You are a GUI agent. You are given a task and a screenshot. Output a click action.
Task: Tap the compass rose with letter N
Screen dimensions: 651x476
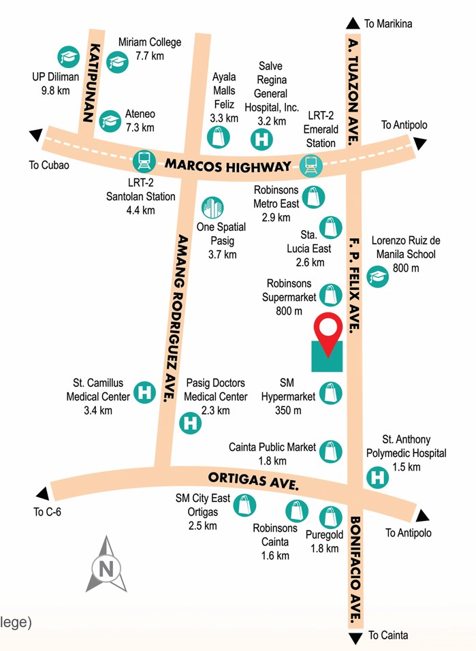[106, 565]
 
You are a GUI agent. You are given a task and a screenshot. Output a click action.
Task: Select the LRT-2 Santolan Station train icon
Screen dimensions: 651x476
[144, 161]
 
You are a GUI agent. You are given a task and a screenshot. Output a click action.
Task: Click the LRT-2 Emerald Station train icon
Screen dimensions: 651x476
[311, 164]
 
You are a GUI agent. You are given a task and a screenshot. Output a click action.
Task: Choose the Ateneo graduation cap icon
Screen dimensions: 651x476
[110, 121]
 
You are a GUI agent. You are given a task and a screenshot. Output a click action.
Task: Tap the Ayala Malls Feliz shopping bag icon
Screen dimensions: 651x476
[219, 138]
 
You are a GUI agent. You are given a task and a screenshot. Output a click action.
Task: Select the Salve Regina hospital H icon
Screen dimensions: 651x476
[260, 140]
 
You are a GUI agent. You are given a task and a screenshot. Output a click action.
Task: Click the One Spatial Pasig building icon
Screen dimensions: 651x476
[213, 208]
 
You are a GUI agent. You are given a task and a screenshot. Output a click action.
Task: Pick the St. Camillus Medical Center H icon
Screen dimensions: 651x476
[143, 392]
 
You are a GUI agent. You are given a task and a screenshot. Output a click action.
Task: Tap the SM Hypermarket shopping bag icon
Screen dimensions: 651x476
[330, 392]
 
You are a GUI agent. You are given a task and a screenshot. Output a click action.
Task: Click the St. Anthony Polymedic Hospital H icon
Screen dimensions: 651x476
[377, 476]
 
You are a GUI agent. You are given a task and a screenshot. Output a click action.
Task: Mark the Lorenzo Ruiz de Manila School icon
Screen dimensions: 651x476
[377, 276]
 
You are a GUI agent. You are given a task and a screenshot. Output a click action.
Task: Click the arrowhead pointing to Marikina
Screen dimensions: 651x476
[353, 22]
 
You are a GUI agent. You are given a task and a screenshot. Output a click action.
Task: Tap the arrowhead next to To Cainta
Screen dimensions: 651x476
[353, 637]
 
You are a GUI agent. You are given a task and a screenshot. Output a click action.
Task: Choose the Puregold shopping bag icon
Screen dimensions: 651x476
[332, 515]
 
